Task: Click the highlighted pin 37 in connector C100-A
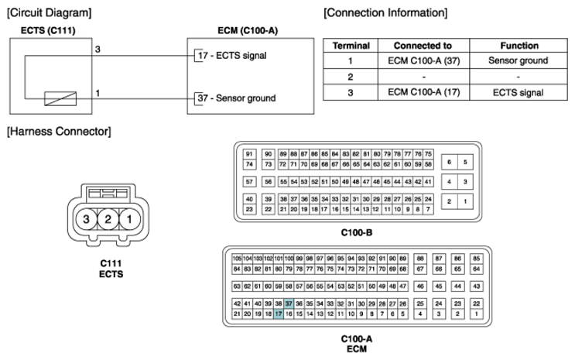289,303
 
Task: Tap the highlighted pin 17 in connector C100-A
279,314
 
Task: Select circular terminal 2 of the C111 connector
108,219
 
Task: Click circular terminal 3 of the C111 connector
86,219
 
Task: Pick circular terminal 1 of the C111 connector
129,219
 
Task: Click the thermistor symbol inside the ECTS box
60,99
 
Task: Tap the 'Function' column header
519,46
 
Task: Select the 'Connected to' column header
423,46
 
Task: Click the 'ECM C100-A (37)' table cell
424,60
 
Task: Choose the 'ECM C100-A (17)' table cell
424,92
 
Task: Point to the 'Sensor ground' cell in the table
519,60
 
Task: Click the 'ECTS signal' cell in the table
519,92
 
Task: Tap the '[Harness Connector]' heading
59,132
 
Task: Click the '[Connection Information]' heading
385,13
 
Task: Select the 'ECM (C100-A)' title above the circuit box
248,30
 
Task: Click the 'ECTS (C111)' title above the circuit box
48,30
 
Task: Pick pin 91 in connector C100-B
249,154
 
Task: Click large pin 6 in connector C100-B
449,162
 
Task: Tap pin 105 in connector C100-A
237,259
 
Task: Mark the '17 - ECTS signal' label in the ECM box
232,56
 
